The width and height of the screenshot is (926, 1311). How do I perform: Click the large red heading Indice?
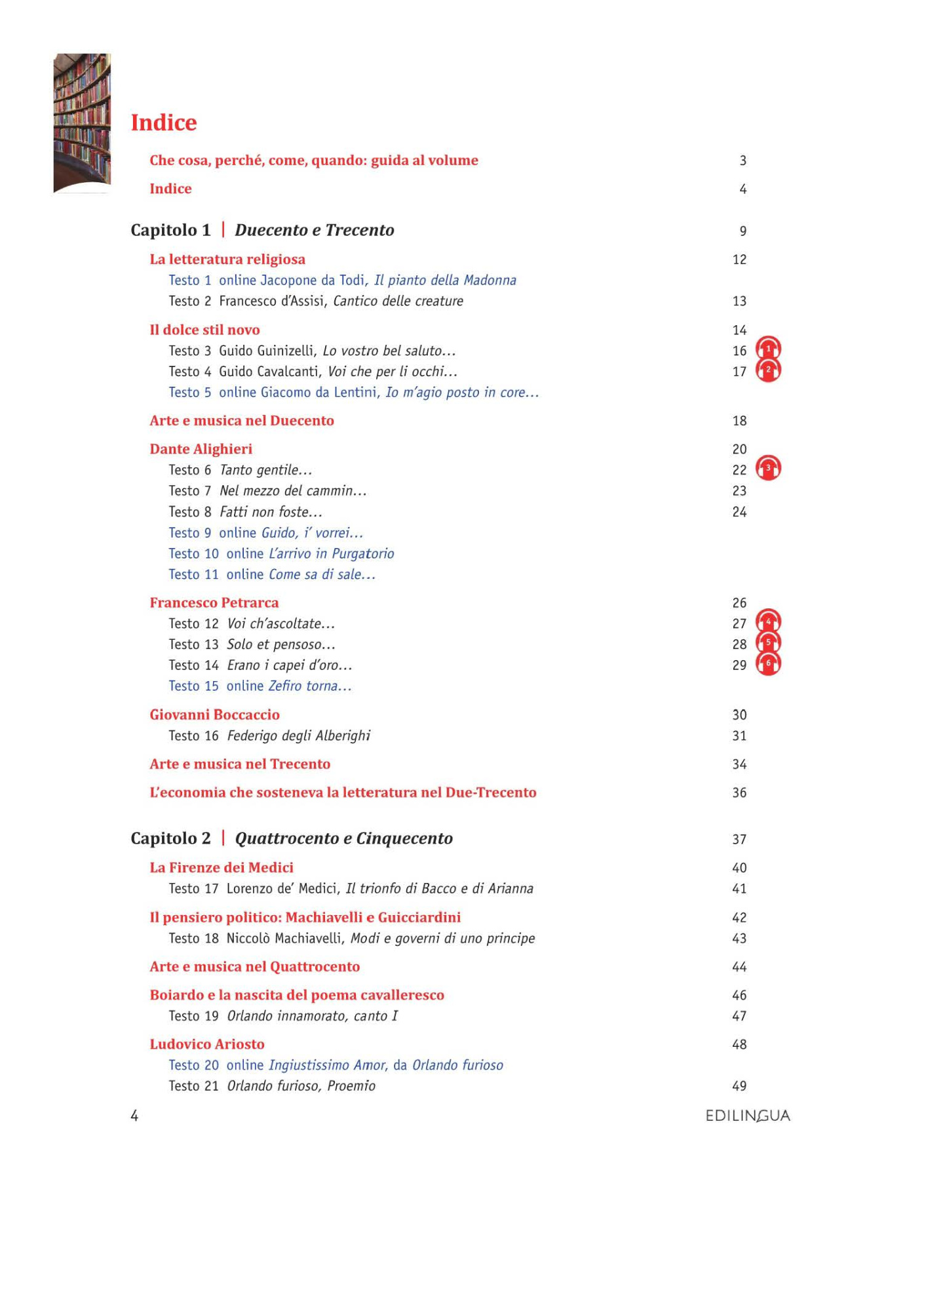click(x=163, y=123)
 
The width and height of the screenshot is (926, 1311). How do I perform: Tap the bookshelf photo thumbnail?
click(x=82, y=123)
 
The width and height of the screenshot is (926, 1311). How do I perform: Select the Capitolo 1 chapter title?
click(x=262, y=230)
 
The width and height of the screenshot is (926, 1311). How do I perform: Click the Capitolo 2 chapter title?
click(x=292, y=838)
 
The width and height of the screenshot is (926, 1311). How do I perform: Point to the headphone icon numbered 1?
click(x=768, y=349)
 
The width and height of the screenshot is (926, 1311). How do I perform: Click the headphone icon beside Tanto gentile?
click(x=768, y=469)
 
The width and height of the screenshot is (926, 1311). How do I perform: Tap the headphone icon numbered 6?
click(x=768, y=664)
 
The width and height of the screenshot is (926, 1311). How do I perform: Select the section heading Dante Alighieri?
click(x=201, y=449)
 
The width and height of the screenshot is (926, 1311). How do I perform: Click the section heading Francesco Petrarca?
click(x=214, y=602)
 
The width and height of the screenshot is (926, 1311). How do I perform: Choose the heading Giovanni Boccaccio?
click(x=214, y=714)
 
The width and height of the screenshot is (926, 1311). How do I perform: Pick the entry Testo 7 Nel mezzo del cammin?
click(x=267, y=491)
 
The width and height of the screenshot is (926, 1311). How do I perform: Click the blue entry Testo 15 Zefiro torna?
click(x=260, y=686)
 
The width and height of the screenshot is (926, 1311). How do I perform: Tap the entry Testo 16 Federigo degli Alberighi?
click(x=269, y=735)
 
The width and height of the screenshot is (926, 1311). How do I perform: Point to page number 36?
click(x=739, y=792)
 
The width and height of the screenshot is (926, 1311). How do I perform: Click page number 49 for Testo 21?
click(x=739, y=1086)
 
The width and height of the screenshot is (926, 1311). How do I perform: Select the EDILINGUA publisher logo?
click(x=748, y=1116)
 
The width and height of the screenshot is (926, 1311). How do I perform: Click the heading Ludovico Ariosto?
click(x=207, y=1044)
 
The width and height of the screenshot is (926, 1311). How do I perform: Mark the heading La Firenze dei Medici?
click(x=222, y=868)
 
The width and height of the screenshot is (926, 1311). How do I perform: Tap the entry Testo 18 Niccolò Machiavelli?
click(x=351, y=938)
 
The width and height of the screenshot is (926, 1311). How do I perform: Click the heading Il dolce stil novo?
click(x=204, y=330)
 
